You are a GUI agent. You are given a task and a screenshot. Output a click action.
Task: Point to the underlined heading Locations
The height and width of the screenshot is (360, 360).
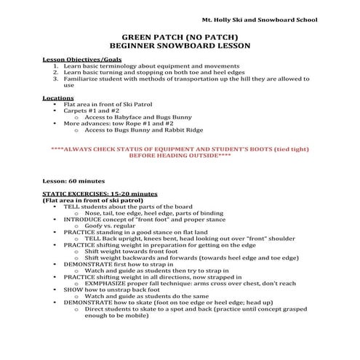tap(58, 97)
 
